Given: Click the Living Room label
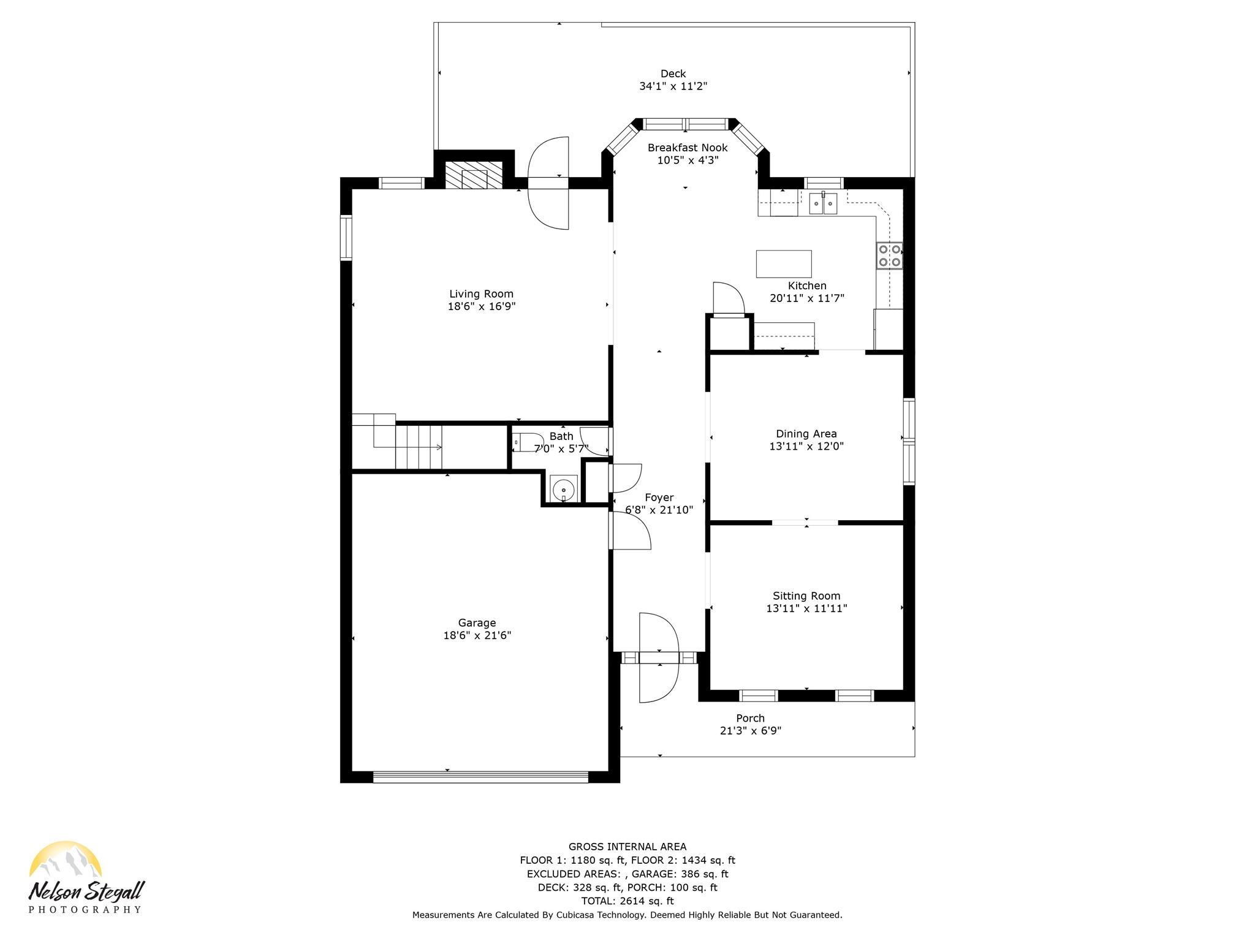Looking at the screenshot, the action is [481, 294].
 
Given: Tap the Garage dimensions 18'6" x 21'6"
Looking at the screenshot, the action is [477, 636].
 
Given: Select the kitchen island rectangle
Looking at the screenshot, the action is [784, 264].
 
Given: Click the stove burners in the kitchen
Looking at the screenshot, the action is [890, 255].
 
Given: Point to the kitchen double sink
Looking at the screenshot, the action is [823, 203].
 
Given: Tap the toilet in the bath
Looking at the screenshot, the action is [528, 442].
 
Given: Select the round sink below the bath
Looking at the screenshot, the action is [563, 489].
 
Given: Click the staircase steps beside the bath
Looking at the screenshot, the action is [419, 447].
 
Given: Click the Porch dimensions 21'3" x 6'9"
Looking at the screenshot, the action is [751, 731].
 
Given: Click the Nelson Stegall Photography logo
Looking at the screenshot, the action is [86, 877].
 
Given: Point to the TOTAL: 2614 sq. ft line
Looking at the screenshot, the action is [627, 901].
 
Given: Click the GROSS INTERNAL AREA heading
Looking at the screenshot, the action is [627, 847].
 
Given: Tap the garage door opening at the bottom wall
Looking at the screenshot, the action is [480, 777].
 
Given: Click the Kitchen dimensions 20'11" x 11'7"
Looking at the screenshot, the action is [807, 298].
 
